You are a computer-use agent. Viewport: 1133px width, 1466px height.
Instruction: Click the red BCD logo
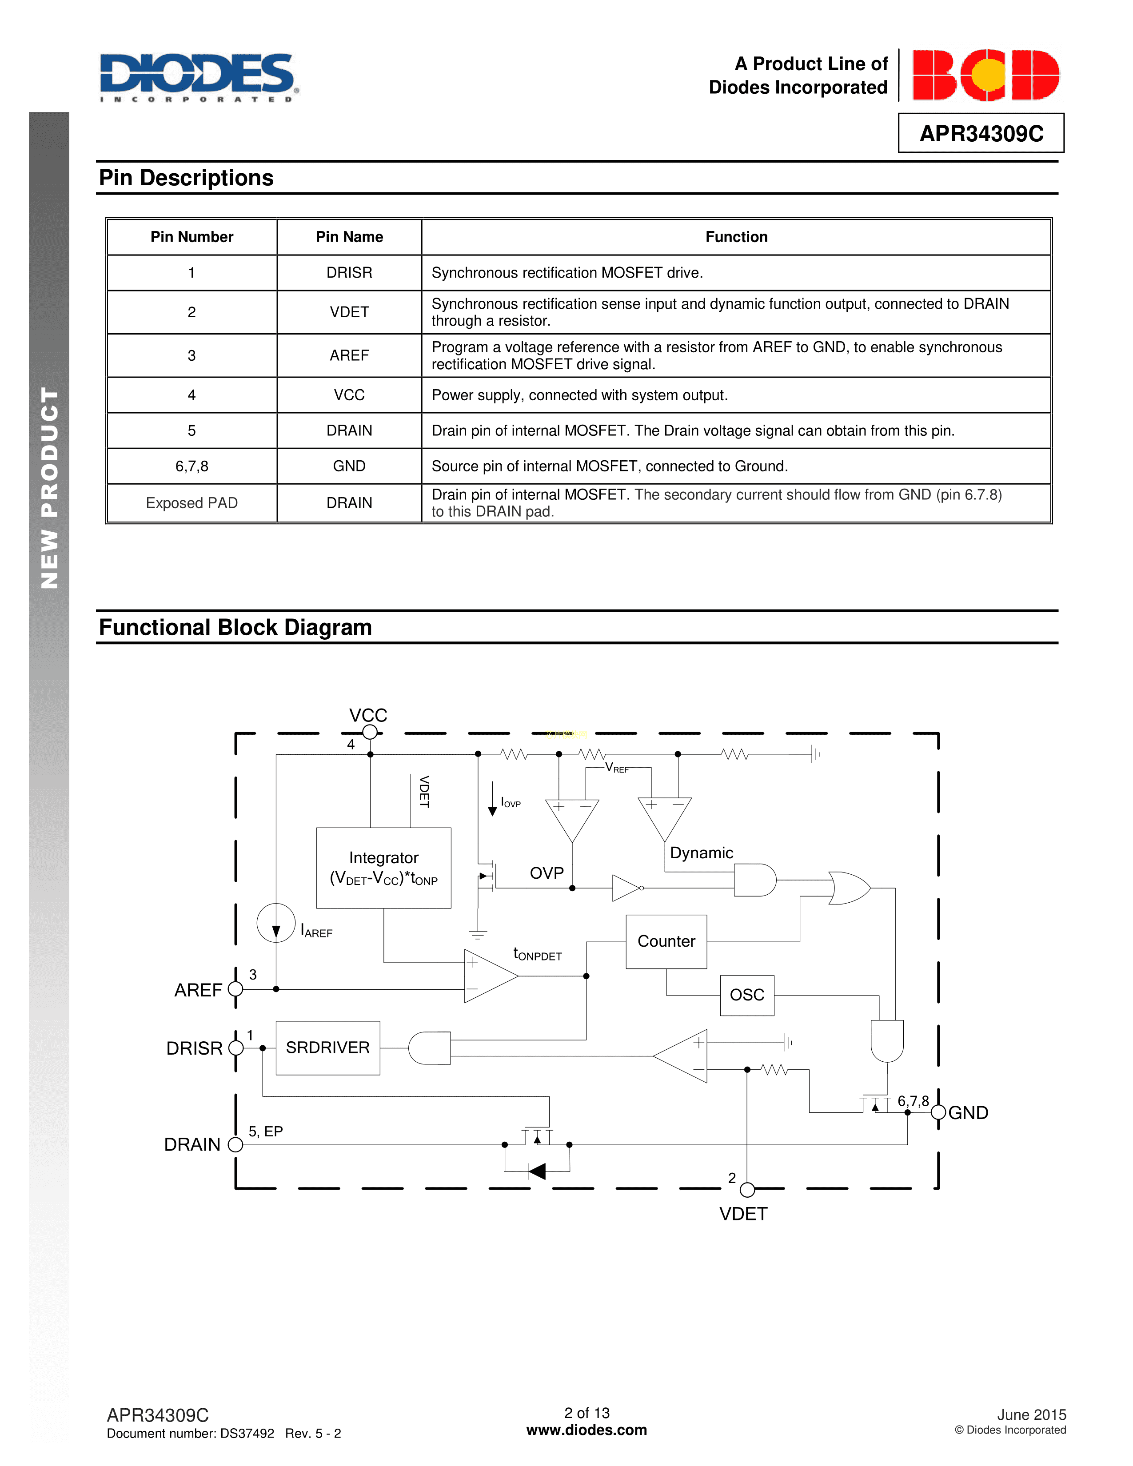(985, 75)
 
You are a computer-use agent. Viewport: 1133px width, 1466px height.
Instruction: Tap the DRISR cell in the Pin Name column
(349, 272)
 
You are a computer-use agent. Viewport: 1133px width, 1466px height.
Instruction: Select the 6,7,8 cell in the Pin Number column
(192, 466)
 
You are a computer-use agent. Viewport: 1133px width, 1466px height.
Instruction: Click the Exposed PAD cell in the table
(192, 503)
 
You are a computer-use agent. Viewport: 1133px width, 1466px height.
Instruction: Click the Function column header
(736, 237)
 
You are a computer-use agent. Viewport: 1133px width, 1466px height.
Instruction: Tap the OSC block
(747, 995)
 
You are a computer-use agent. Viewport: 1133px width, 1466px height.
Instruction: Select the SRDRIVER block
(327, 1048)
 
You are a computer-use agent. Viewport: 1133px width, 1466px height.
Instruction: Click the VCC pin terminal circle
(370, 732)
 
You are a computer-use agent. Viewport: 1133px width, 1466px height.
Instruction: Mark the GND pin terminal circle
(938, 1112)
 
